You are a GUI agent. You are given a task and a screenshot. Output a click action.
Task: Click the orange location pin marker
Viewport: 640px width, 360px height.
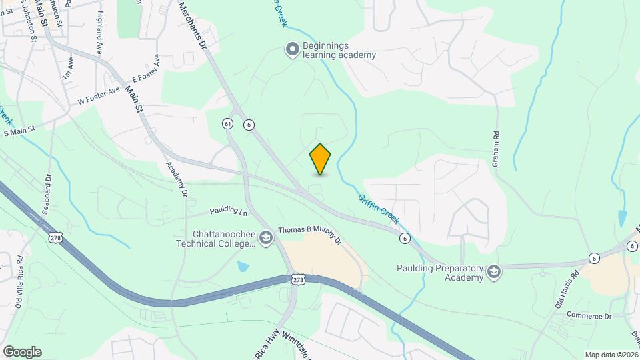pos(320,159)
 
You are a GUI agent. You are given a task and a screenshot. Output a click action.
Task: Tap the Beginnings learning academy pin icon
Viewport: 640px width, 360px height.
pos(291,49)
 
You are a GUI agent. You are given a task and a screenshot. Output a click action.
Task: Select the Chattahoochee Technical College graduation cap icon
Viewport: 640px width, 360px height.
pos(266,239)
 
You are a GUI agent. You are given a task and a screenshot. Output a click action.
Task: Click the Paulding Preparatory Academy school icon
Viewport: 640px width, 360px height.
pos(493,272)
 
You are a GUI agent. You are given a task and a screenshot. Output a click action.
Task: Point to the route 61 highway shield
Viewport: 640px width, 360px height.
pos(228,124)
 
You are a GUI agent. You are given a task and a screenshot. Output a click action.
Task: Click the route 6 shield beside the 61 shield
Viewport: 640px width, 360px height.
pos(248,124)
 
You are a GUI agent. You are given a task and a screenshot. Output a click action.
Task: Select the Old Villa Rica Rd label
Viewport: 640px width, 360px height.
pos(19,283)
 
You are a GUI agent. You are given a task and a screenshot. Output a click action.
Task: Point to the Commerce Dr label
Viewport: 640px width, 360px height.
pos(589,315)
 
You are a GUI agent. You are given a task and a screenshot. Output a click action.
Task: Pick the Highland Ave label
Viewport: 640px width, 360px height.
pos(99,32)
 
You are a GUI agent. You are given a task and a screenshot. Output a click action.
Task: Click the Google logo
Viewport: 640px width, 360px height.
pos(21,352)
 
